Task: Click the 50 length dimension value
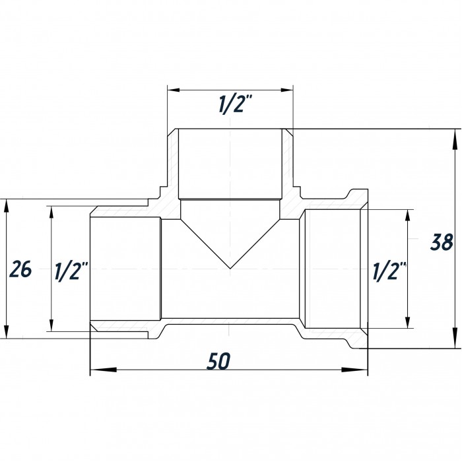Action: [x=218, y=361]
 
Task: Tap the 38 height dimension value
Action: [x=442, y=242]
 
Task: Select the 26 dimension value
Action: [x=20, y=269]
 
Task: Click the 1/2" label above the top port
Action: [x=236, y=104]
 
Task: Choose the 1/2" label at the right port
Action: [x=389, y=271]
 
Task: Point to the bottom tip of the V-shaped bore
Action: [x=230, y=269]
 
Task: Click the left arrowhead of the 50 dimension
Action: [x=103, y=370]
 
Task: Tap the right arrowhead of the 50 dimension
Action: [x=354, y=370]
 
